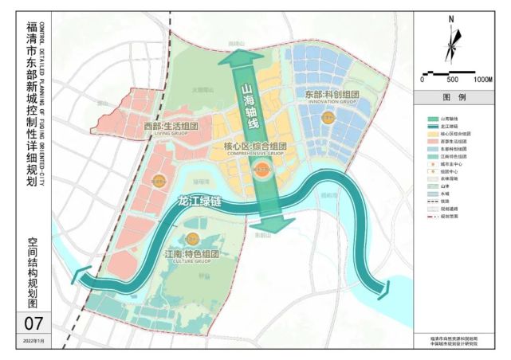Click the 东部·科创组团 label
click(332, 95)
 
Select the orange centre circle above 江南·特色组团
click(192, 239)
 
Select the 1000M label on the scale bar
click(482, 80)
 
